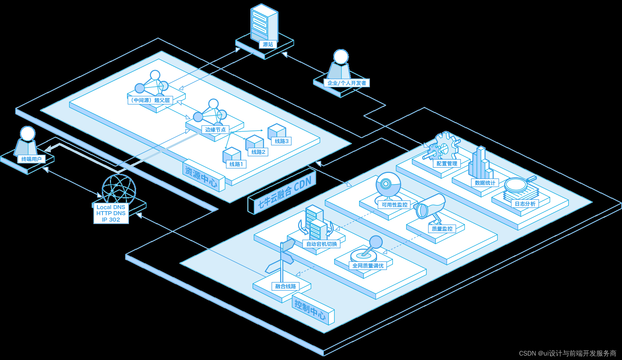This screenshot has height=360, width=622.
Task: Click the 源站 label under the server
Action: coord(268,44)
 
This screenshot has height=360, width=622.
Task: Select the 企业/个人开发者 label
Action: coord(347,83)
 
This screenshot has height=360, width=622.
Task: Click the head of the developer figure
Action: coord(341,57)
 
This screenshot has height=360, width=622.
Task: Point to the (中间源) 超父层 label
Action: coord(150,100)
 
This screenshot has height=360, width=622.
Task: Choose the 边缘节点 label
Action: coord(215,130)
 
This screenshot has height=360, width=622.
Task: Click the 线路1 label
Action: coord(236,164)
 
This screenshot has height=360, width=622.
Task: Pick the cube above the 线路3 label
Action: coord(277,131)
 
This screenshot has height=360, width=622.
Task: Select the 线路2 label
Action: coord(258,152)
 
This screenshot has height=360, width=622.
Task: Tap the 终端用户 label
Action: coord(31,159)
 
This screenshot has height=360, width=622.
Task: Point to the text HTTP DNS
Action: coord(111,213)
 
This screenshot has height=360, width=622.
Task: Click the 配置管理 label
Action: coord(447,163)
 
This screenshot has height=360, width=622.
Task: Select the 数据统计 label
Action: coord(485,183)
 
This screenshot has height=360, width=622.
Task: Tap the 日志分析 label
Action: coord(525,204)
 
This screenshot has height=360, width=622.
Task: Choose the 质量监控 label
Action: coord(442,229)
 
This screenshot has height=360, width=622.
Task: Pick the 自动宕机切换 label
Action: coord(321,244)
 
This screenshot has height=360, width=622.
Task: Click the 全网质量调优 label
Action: coord(368,266)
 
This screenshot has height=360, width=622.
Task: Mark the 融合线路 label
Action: coord(285,286)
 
